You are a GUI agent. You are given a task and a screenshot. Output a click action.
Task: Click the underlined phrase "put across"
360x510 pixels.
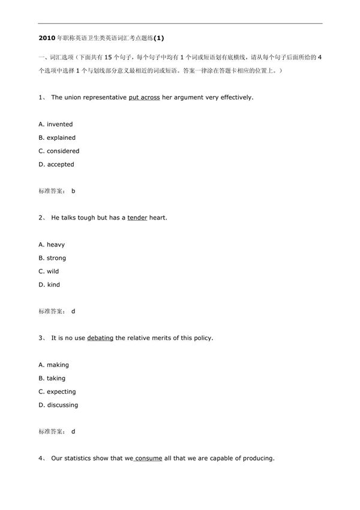[x=144, y=97]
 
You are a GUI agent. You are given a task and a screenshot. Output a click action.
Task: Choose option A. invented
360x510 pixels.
[x=55, y=124]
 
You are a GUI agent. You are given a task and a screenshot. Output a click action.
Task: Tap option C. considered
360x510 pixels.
[x=58, y=151]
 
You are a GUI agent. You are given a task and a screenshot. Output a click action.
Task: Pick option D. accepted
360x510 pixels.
[x=56, y=164]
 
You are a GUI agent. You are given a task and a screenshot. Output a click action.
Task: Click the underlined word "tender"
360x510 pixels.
[x=137, y=217]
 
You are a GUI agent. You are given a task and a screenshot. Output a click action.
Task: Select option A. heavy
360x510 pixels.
[x=52, y=245]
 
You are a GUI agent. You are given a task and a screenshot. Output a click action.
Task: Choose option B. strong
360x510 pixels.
[x=52, y=258]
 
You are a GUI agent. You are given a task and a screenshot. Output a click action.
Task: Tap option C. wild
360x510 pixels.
[x=49, y=271]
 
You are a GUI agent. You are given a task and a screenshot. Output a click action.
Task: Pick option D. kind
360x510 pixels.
[x=49, y=284]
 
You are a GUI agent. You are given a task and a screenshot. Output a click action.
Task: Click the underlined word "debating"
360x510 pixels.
[x=100, y=338]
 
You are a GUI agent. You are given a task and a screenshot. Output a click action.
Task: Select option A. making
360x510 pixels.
[x=53, y=365]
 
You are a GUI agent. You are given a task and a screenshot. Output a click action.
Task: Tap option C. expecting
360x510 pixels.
[x=57, y=392]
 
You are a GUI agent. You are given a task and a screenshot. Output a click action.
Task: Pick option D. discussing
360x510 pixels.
[x=58, y=405]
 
